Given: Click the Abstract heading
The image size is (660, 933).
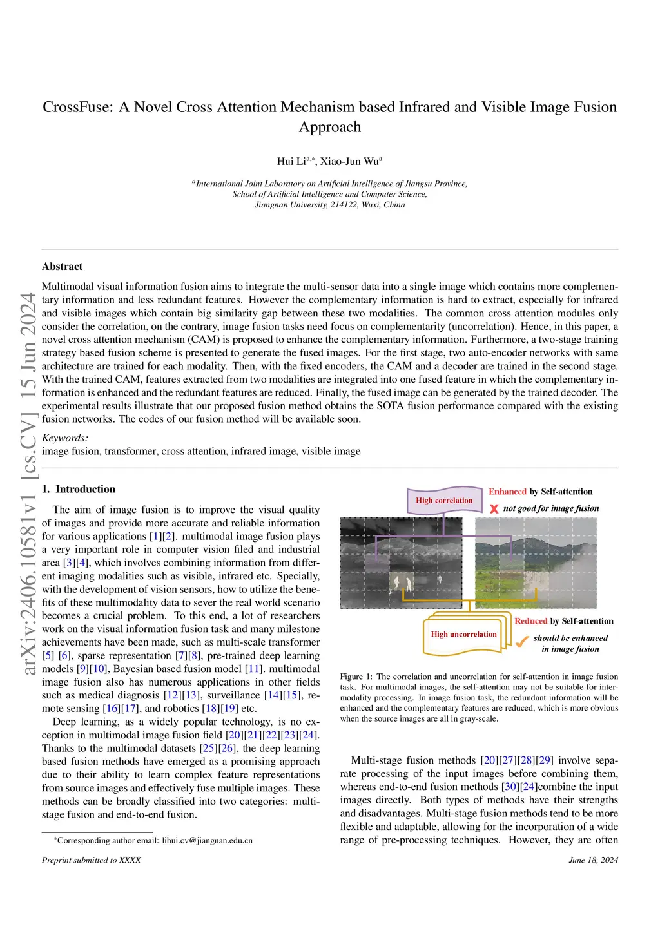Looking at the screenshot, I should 62,267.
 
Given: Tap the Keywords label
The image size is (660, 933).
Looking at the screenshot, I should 64,438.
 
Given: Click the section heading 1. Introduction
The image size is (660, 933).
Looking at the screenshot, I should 79,489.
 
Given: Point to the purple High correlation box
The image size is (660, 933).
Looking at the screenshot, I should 444,501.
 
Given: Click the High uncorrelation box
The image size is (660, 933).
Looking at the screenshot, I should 463,635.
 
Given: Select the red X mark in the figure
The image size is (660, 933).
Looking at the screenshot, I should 494,509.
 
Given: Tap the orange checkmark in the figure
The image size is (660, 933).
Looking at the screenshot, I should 521,641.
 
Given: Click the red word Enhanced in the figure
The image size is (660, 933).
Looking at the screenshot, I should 507,492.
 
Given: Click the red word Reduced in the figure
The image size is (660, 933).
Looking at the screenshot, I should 530,621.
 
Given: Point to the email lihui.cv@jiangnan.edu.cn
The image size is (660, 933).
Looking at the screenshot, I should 207,840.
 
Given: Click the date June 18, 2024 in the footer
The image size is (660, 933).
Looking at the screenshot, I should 593,860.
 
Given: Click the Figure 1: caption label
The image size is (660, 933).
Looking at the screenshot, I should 356,677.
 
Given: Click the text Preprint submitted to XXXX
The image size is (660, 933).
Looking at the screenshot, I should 91,860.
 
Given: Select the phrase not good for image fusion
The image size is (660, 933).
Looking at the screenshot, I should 551,508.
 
